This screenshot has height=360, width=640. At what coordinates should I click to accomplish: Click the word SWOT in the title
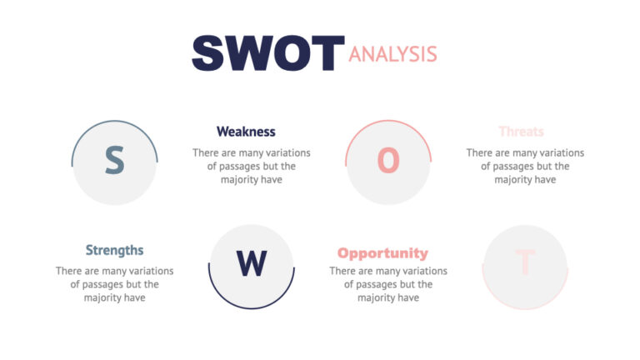pyautogui.click(x=267, y=52)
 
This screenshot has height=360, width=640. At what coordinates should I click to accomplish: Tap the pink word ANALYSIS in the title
pyautogui.click(x=392, y=54)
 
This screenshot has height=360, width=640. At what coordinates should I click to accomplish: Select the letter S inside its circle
pyautogui.click(x=114, y=161)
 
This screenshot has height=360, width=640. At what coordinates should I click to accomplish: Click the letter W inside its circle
pyautogui.click(x=251, y=264)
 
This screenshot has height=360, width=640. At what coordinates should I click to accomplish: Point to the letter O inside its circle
pyautogui.click(x=388, y=161)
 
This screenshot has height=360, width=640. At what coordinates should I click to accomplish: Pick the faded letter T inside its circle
pyautogui.click(x=525, y=262)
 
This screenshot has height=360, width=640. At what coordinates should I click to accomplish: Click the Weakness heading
pyautogui.click(x=246, y=132)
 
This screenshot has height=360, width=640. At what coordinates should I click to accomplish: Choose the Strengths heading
pyautogui.click(x=114, y=250)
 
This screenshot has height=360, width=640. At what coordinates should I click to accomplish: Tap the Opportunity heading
pyautogui.click(x=382, y=253)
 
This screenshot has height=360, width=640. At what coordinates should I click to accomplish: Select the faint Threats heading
pyautogui.click(x=521, y=132)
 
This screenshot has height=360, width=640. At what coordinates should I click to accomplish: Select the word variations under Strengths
pyautogui.click(x=149, y=271)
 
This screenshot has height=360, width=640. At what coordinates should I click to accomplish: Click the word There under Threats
pyautogui.click(x=481, y=152)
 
